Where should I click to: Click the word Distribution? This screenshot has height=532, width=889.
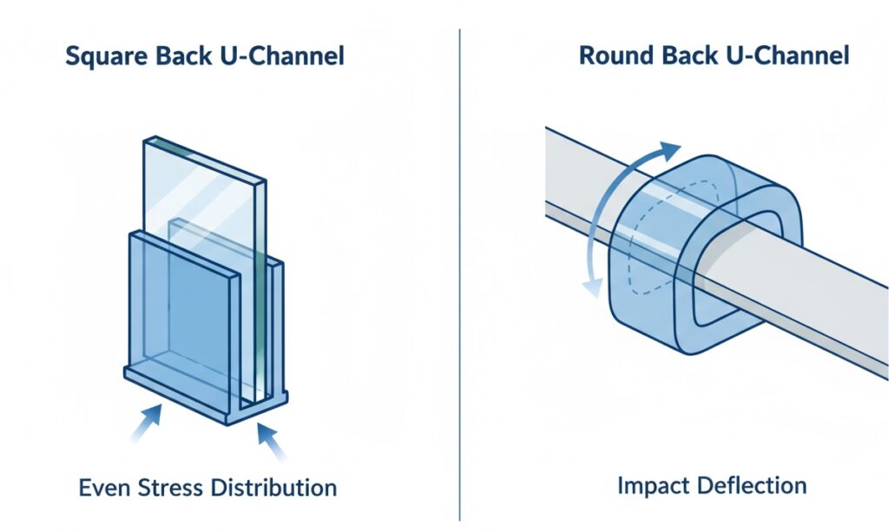pyautogui.click(x=270, y=488)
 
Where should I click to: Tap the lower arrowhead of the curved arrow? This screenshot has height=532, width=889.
pyautogui.click(x=593, y=287)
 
